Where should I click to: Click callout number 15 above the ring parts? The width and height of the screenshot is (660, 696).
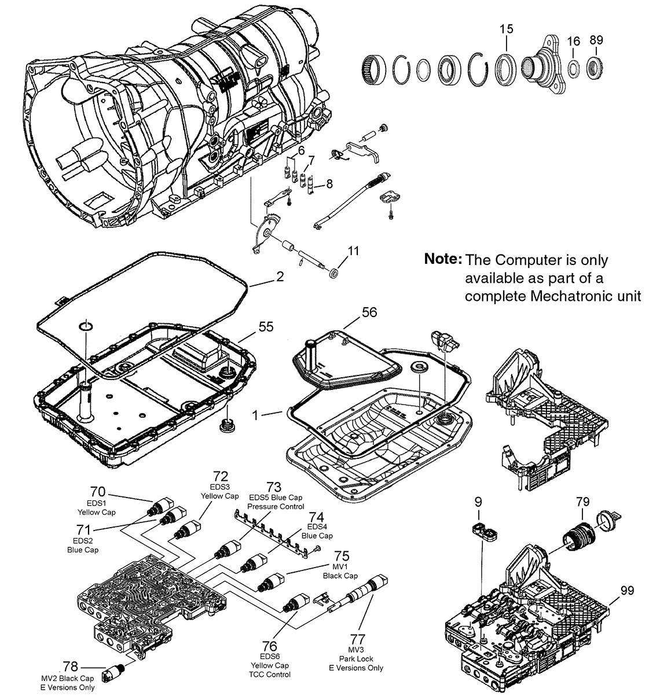[x=505, y=28]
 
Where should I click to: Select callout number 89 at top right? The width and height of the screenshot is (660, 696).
[x=596, y=40]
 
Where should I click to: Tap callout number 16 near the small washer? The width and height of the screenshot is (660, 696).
[x=573, y=41]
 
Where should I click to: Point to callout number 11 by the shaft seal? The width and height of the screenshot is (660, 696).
[x=354, y=251]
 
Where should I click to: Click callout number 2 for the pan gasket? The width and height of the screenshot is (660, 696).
[x=280, y=277]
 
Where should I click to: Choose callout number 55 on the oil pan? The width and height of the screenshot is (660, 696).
[x=266, y=327]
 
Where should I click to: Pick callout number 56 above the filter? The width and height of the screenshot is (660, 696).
[x=369, y=312]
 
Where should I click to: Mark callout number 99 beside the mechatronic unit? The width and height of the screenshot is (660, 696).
[x=626, y=591]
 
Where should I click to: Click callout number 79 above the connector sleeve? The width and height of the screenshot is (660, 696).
[x=582, y=501]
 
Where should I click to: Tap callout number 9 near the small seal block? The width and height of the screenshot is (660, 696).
[x=478, y=501]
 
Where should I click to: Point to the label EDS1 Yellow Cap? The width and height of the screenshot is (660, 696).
[x=96, y=507]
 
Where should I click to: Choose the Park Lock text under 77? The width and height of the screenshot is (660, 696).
[x=355, y=658]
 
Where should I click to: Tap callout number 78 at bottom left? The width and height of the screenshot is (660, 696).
[x=70, y=666]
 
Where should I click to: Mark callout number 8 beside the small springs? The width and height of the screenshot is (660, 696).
[x=329, y=184]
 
